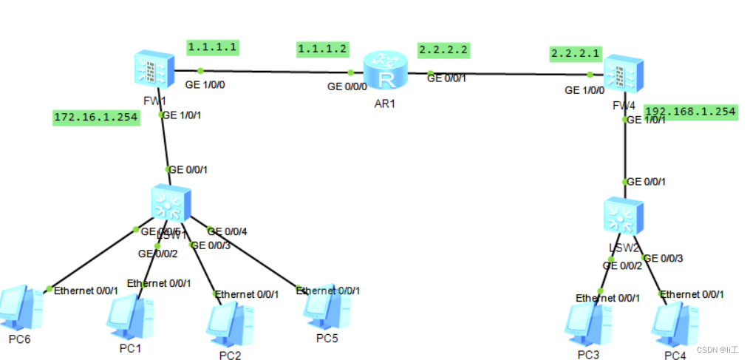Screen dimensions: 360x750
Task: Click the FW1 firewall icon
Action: tap(153, 72)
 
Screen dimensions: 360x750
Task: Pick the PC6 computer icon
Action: tap(18, 308)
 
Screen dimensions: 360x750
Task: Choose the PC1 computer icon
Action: tap(129, 316)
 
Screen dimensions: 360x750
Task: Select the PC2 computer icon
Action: tap(227, 323)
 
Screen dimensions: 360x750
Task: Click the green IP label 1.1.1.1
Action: tap(212, 47)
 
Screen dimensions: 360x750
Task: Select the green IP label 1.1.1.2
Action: tap(322, 49)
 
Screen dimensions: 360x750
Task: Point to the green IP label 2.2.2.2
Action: tap(443, 50)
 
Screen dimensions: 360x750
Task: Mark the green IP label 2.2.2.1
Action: tap(576, 53)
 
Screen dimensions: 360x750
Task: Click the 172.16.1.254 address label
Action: tap(96, 117)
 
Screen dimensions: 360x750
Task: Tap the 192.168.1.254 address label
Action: tap(690, 112)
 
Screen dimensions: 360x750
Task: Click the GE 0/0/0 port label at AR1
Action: tap(347, 86)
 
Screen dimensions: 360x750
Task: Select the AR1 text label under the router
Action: tap(385, 103)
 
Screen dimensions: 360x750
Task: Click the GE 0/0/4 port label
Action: tap(227, 231)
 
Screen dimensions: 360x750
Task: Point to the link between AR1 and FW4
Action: tap(510, 74)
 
